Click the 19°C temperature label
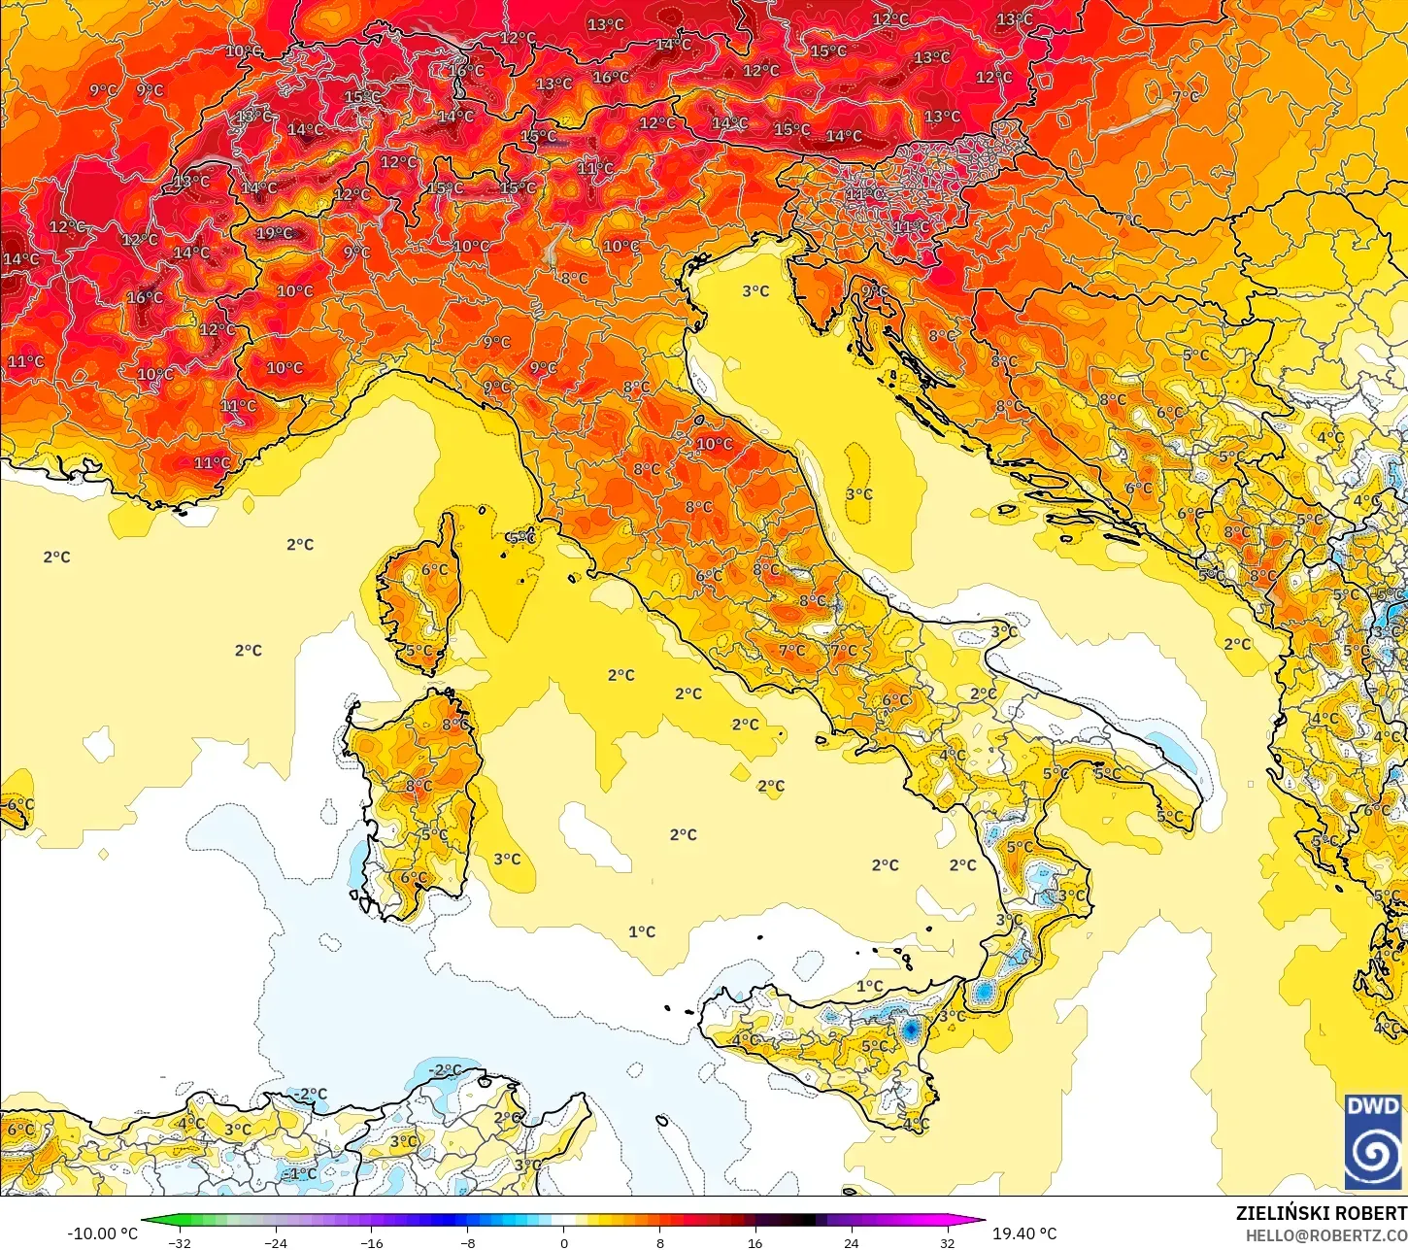[274, 233]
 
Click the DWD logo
[1373, 1141]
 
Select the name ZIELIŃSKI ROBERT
[1321, 1213]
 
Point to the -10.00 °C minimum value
[102, 1233]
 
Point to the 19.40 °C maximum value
[1024, 1233]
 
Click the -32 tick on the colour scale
[180, 1242]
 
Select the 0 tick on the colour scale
[564, 1242]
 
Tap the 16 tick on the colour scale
[755, 1242]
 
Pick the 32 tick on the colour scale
[947, 1242]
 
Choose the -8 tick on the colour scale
[468, 1242]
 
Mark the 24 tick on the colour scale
[851, 1242]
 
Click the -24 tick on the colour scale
[277, 1242]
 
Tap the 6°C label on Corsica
[435, 570]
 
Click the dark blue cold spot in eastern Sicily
[911, 1028]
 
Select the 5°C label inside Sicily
[874, 1046]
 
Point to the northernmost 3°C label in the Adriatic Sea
[755, 290]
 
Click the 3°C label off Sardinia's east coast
[507, 859]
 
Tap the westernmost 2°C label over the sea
[56, 557]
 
